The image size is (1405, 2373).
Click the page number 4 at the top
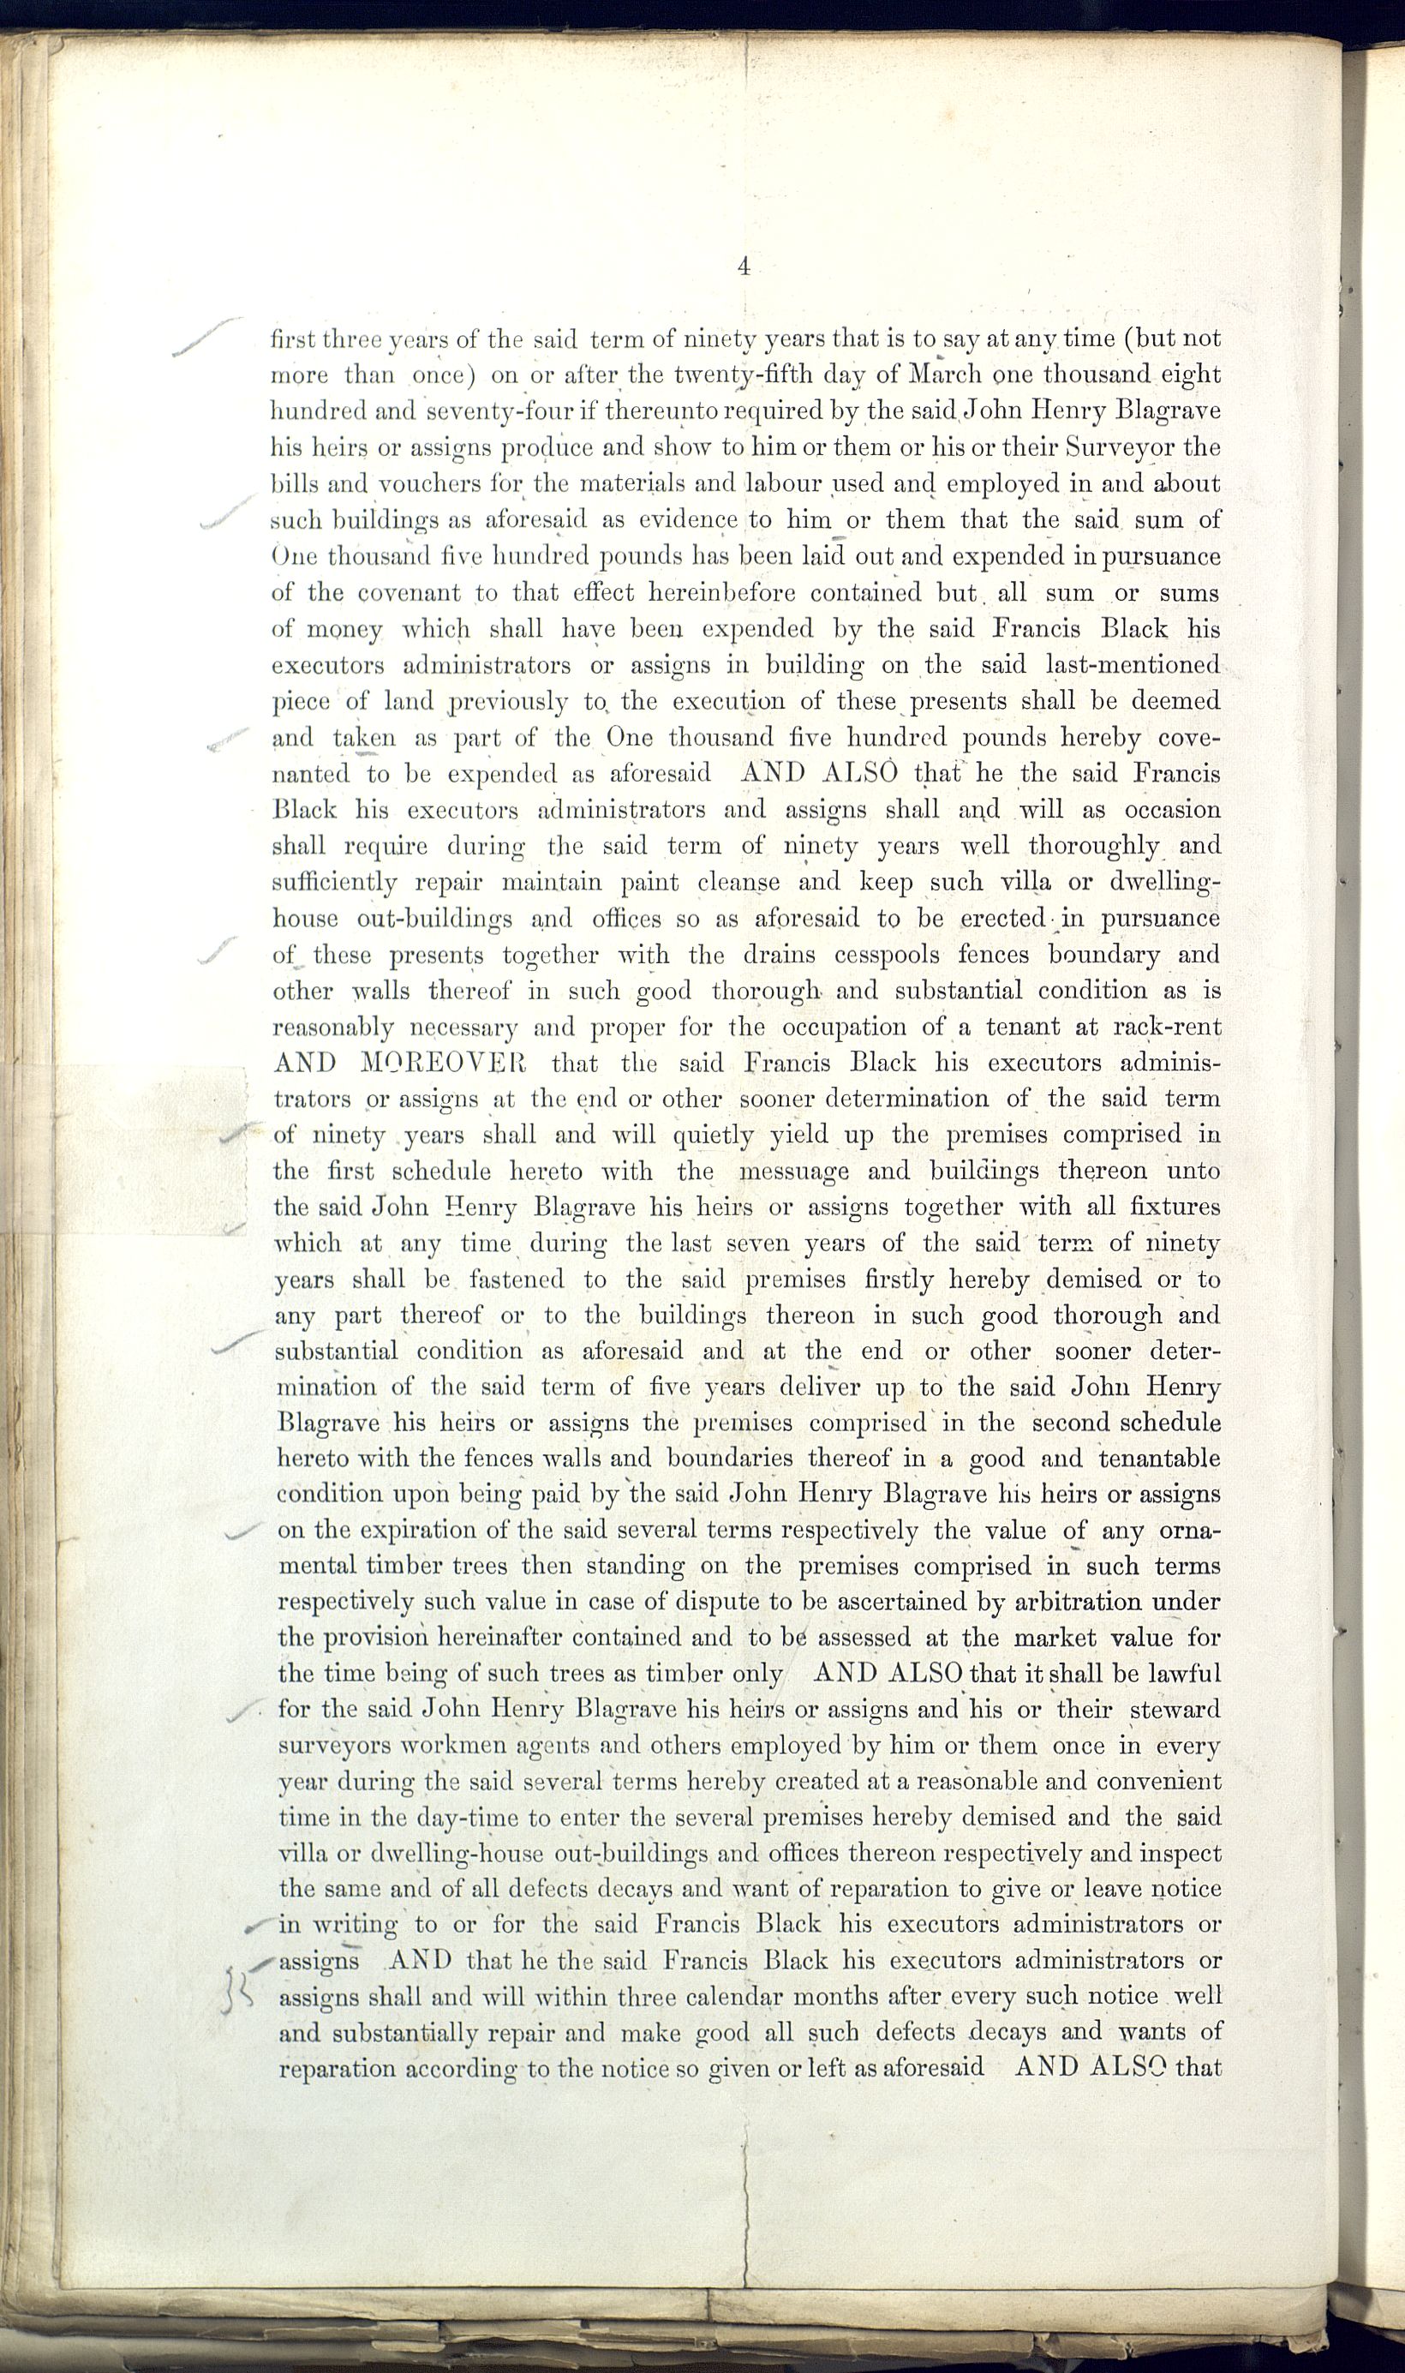coord(744,268)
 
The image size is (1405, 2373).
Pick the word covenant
coord(408,593)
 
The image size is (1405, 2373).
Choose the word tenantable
coord(1159,1459)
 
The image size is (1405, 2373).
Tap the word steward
coord(1174,1711)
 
